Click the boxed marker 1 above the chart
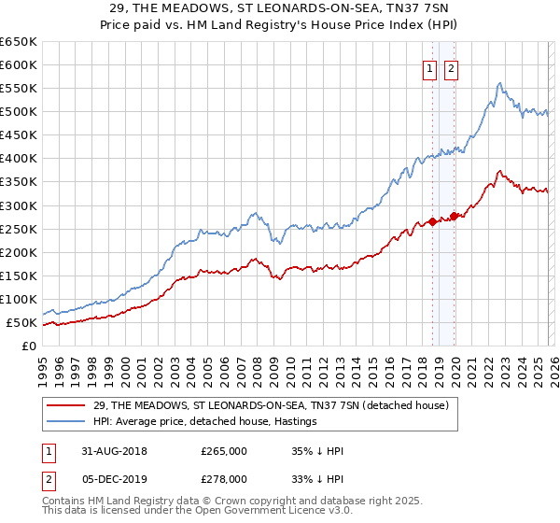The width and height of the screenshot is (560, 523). [x=430, y=68]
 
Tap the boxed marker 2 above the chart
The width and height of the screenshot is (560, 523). [x=451, y=68]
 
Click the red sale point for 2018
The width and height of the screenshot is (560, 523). [x=433, y=221]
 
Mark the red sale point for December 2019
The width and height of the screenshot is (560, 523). [x=454, y=216]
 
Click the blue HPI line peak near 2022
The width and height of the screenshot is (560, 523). [x=500, y=83]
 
